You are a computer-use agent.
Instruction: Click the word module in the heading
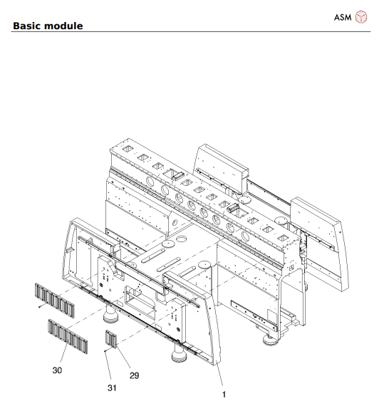tap(66, 26)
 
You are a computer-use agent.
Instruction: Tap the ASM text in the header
tap(343, 16)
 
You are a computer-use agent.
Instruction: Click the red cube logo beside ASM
tap(363, 16)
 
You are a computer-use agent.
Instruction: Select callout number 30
tap(58, 370)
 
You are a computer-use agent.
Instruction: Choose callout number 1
tap(224, 393)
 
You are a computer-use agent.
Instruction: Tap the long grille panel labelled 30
tap(68, 336)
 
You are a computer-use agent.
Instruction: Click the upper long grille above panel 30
tap(53, 299)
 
